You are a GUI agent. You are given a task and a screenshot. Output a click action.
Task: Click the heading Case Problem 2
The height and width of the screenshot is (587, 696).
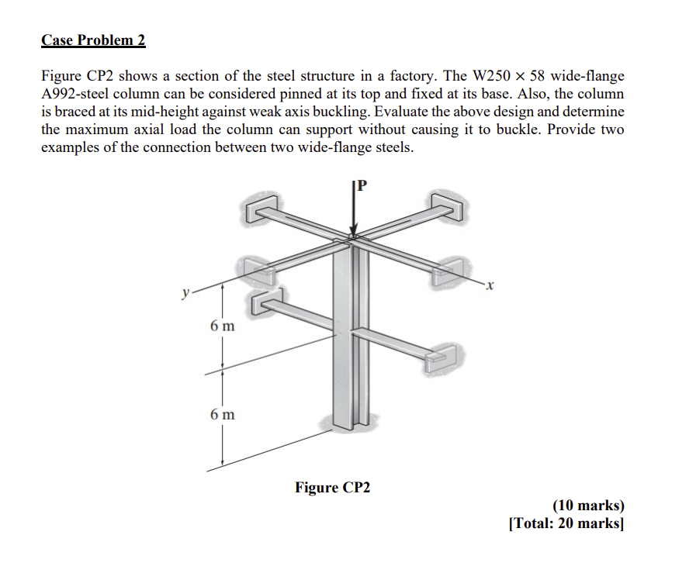pyautogui.click(x=93, y=40)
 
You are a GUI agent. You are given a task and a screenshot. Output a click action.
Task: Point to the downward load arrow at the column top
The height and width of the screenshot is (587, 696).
pyautogui.click(x=354, y=213)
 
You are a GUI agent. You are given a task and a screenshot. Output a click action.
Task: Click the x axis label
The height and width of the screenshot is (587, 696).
pyautogui.click(x=490, y=287)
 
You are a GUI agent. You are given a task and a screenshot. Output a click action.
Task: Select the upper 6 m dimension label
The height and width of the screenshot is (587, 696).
pyautogui.click(x=221, y=326)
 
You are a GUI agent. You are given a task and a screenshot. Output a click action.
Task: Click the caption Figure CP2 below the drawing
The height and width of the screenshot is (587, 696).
pyautogui.click(x=332, y=488)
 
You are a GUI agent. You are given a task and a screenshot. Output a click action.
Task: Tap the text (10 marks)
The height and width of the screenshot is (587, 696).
pyautogui.click(x=587, y=506)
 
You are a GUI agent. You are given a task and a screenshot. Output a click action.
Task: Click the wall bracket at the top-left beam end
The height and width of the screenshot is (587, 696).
pyautogui.click(x=261, y=208)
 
